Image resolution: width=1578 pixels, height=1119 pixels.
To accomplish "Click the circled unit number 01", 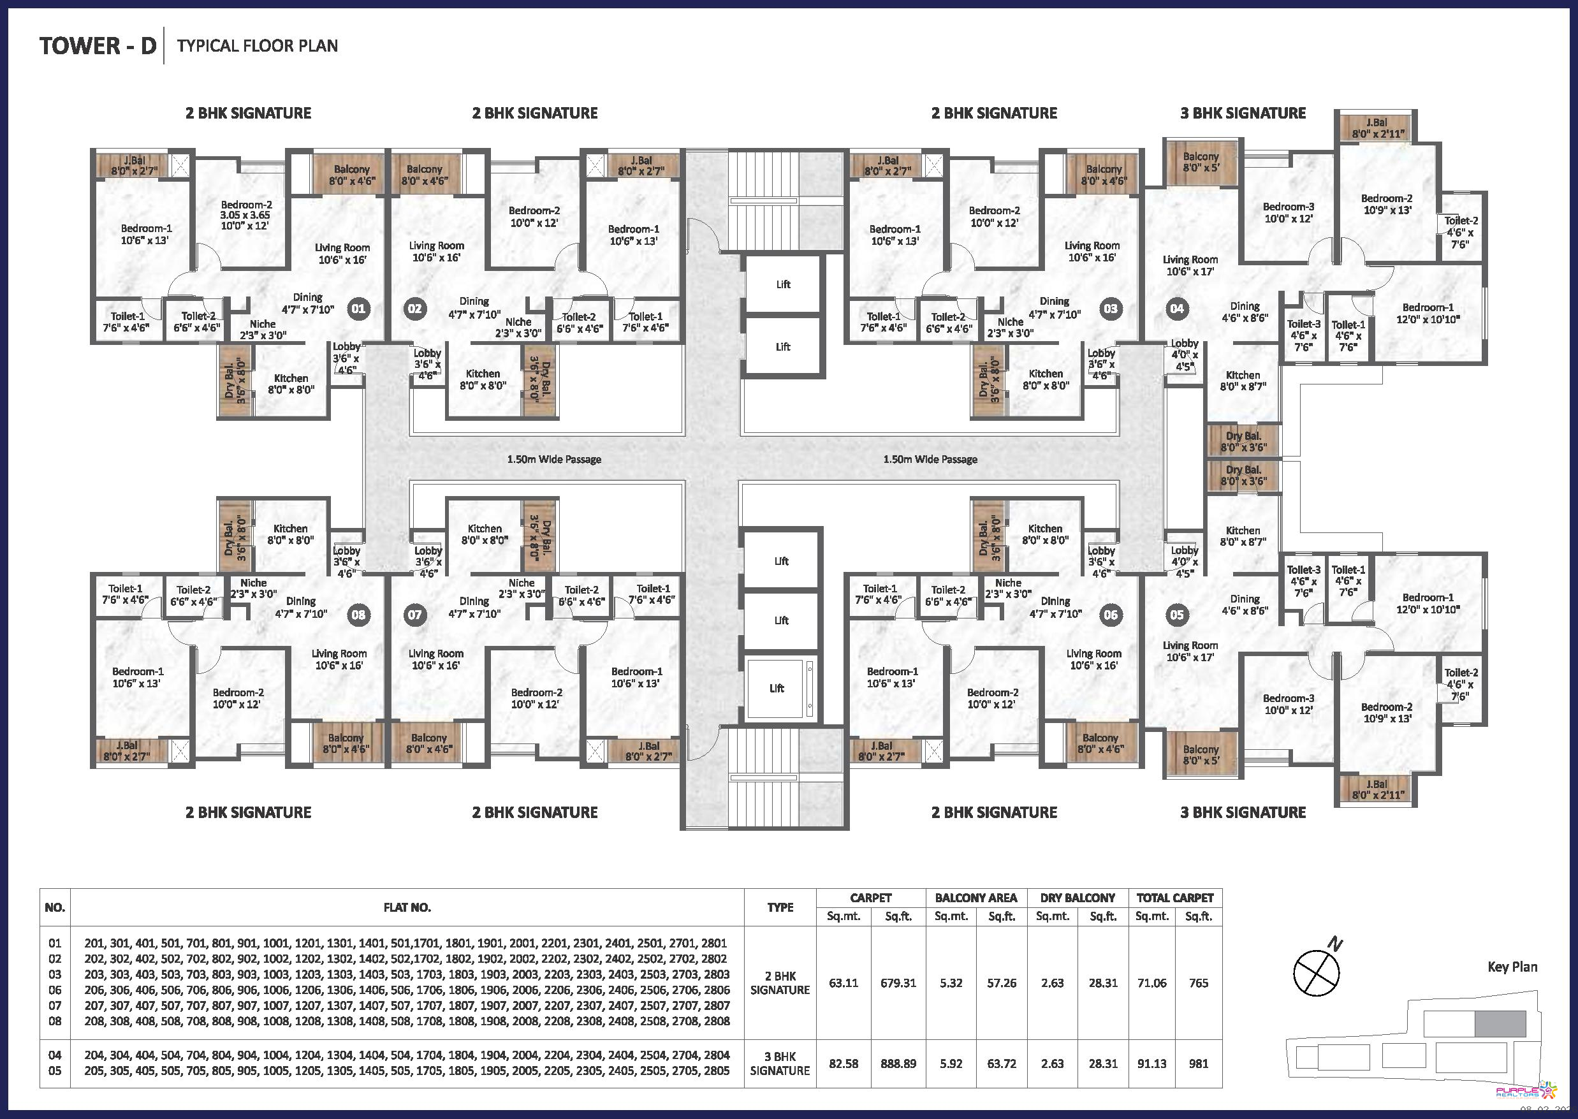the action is click(358, 309).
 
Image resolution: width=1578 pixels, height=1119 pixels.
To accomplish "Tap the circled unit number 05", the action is click(1177, 615).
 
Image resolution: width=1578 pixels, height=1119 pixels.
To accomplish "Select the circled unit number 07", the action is click(415, 615).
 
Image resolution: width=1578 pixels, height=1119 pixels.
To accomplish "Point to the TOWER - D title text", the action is click(98, 45).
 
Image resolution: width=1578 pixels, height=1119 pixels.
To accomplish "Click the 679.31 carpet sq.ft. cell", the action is click(898, 983).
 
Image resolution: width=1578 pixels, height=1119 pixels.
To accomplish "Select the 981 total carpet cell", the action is click(1198, 1063).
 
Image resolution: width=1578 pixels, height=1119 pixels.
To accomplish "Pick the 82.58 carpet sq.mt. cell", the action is click(844, 1063).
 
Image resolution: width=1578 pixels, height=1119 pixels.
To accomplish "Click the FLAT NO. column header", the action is click(407, 907).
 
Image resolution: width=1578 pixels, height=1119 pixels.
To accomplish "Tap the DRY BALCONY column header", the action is click(1078, 898).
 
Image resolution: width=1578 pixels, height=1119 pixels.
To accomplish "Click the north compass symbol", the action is click(1316, 973).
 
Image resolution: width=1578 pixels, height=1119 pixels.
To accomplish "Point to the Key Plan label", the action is click(1512, 967).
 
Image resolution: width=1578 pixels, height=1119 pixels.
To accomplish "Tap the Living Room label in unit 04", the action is click(1190, 265).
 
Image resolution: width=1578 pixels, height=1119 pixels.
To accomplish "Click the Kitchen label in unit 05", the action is click(1243, 536).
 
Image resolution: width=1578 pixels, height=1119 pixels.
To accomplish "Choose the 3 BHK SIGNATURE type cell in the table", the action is click(780, 1063).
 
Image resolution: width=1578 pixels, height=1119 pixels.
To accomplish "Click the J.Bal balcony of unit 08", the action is click(131, 751).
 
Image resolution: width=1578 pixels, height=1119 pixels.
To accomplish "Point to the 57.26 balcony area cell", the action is click(1001, 983).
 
